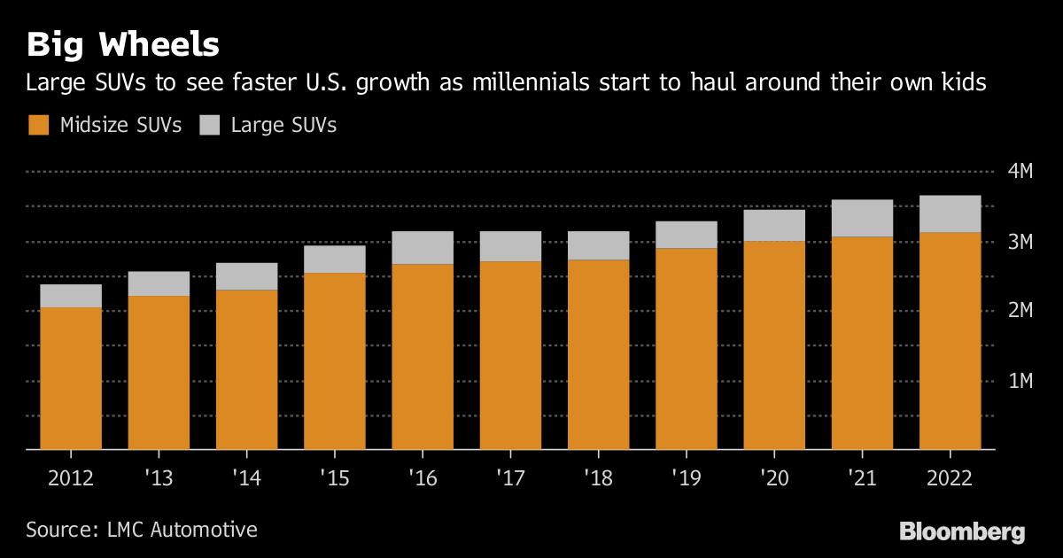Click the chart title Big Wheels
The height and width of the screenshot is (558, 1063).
coord(123,43)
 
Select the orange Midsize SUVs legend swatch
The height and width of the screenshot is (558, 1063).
coord(38,125)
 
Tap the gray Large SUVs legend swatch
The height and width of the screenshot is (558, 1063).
coord(210,125)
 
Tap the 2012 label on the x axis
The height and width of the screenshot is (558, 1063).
coord(70,478)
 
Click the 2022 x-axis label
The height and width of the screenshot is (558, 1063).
coord(950,478)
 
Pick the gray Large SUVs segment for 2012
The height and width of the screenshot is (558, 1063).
coord(70,296)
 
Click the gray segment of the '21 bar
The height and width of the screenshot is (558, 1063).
coord(862,218)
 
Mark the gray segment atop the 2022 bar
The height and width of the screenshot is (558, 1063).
coord(950,213)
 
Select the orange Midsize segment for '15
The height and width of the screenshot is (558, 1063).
coord(334,361)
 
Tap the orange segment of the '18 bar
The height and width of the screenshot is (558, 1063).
coord(598,354)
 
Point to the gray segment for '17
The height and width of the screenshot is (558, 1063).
coord(510,246)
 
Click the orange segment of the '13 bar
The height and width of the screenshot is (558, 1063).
coord(159,373)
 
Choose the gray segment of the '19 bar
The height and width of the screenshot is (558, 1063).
coord(686,235)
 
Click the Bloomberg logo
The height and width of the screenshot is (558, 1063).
coord(962,531)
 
